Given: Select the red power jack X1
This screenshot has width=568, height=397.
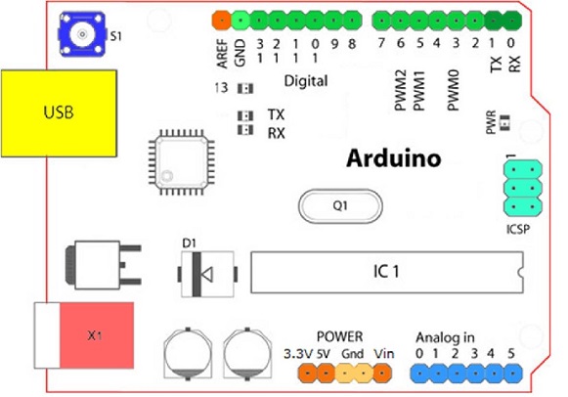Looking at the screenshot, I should click(x=94, y=335).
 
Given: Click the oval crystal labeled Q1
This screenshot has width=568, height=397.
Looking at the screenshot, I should click(x=338, y=206).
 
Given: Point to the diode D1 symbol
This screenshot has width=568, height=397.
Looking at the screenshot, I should click(x=206, y=275).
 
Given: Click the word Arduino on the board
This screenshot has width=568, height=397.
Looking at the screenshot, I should click(x=395, y=157).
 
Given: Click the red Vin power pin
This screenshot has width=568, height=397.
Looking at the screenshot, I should click(x=383, y=373).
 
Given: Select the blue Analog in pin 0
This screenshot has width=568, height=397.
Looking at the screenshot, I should click(x=418, y=373).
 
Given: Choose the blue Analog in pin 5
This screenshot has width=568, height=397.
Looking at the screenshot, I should click(x=511, y=373).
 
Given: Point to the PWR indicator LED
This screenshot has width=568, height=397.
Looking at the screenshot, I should click(x=505, y=121).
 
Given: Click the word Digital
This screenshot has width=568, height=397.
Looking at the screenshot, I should click(x=305, y=80).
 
